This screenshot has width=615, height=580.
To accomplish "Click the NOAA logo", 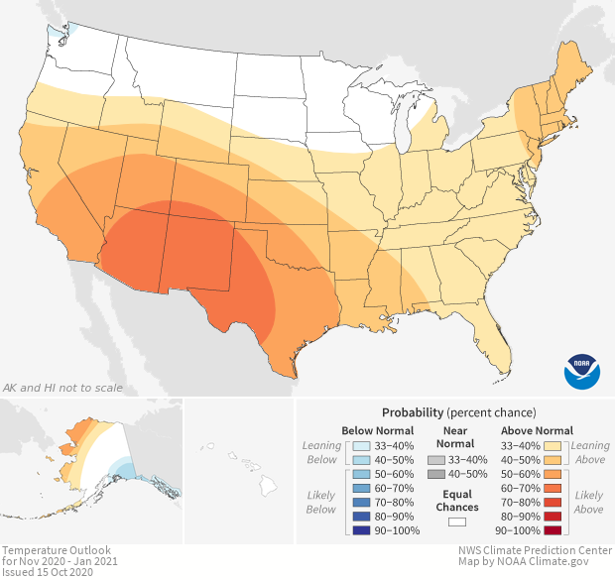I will tap(583, 369).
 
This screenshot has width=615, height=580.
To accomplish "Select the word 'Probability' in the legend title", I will tap(413, 411).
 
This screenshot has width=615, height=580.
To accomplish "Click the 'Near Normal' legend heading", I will tap(456, 437).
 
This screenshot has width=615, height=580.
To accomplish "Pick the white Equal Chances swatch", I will tap(456, 522).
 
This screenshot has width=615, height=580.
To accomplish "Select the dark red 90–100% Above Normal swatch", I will tap(553, 531).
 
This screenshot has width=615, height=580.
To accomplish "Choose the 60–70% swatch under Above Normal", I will tap(553, 488).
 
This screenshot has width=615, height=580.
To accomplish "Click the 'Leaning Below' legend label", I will tap(321, 452).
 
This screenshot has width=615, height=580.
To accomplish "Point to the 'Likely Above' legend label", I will tap(589, 502).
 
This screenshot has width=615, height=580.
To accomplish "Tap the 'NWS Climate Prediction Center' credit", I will tap(535, 549).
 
